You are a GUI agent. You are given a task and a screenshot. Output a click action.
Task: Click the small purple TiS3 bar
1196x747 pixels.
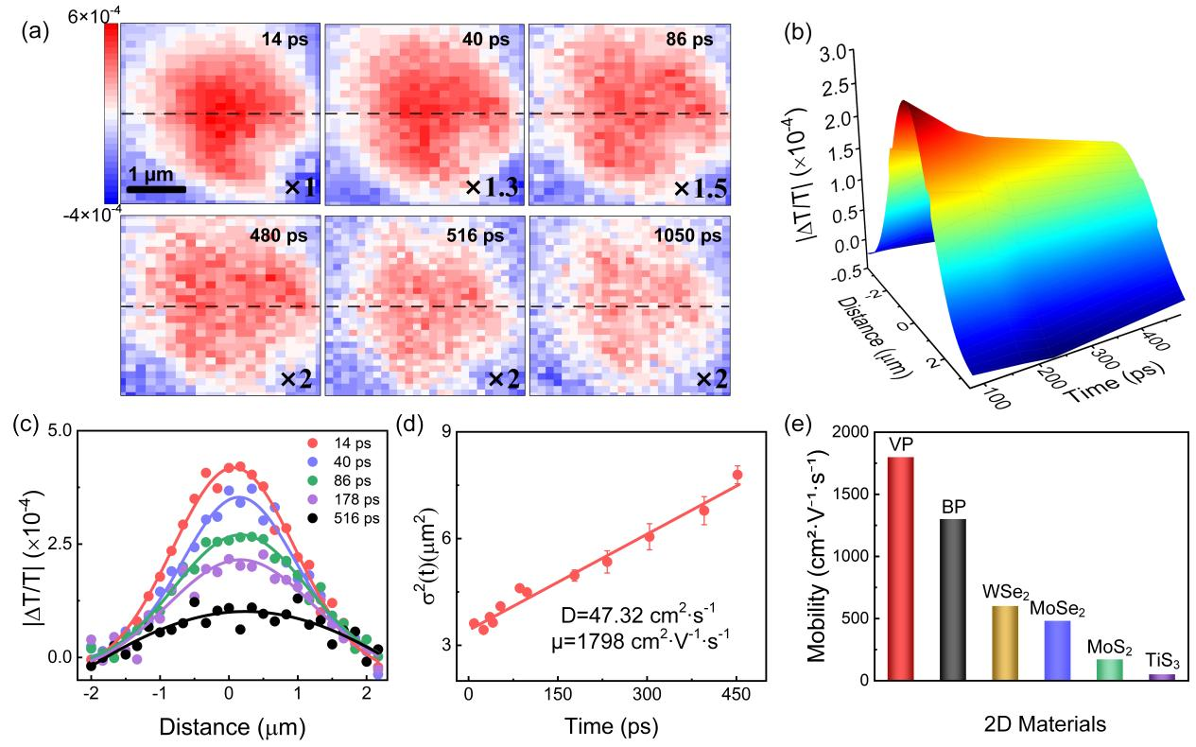click(x=1161, y=677)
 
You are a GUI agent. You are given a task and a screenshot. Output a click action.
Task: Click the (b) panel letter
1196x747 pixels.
click(x=797, y=31)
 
